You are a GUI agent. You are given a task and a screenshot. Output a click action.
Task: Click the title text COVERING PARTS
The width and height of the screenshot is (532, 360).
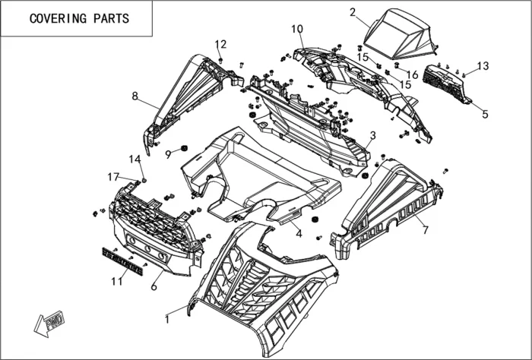[x=79, y=19]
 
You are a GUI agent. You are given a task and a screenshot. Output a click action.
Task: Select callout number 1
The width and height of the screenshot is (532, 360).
[x=166, y=320]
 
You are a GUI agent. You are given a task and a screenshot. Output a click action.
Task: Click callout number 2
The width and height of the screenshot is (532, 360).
[x=353, y=11]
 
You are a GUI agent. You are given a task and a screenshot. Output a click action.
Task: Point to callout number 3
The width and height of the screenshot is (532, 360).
[x=372, y=135]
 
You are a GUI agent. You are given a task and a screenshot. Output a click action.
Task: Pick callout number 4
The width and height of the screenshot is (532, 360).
[x=299, y=234]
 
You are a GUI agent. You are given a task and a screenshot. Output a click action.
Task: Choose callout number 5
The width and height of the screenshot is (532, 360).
[x=485, y=115]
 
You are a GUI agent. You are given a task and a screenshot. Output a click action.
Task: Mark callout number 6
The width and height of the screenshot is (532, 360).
[x=154, y=286]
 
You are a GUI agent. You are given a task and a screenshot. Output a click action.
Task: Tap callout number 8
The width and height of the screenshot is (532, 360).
[x=135, y=96]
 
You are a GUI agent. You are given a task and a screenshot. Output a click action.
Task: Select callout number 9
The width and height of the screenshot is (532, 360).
[x=168, y=154]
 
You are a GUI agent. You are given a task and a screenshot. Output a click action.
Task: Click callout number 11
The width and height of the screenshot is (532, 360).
[x=115, y=282]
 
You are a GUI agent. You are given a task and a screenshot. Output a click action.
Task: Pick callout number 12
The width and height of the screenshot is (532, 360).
[x=220, y=43]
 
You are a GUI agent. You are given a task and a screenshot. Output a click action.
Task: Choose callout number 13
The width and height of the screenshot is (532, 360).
[x=483, y=65]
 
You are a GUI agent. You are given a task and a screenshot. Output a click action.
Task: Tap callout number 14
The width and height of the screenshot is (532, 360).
[x=135, y=159]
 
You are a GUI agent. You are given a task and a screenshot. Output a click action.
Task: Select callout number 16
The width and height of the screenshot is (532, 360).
[x=413, y=74]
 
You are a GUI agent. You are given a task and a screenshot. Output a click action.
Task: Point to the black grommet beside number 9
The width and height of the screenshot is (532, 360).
[x=183, y=147]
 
